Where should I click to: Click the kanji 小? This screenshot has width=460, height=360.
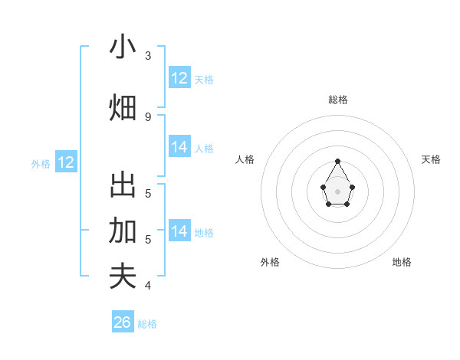[123, 47]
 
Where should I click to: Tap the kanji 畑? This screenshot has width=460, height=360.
[123, 107]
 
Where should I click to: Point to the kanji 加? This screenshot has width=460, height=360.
[123, 230]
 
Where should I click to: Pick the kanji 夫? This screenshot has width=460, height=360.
[123, 276]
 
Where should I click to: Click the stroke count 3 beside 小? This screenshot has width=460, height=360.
[148, 56]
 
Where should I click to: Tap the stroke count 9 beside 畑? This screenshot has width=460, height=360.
[148, 116]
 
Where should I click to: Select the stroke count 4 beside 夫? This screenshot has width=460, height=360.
[148, 286]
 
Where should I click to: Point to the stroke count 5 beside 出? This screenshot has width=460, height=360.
[148, 193]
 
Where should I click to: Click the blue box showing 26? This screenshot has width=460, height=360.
[123, 322]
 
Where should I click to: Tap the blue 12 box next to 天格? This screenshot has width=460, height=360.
[179, 78]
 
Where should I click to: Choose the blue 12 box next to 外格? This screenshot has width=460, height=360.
[66, 162]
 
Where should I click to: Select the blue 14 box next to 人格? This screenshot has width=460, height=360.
[179, 147]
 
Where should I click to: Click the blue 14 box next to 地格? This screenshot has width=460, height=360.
[179, 231]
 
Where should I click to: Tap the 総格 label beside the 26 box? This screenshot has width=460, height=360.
[147, 324]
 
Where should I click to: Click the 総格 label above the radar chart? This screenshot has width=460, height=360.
[338, 100]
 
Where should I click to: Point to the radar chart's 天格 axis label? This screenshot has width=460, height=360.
[432, 159]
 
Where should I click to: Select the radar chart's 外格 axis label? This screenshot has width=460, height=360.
[270, 262]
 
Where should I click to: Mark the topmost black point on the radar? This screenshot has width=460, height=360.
[338, 161]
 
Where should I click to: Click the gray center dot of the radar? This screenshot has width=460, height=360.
[338, 191]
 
